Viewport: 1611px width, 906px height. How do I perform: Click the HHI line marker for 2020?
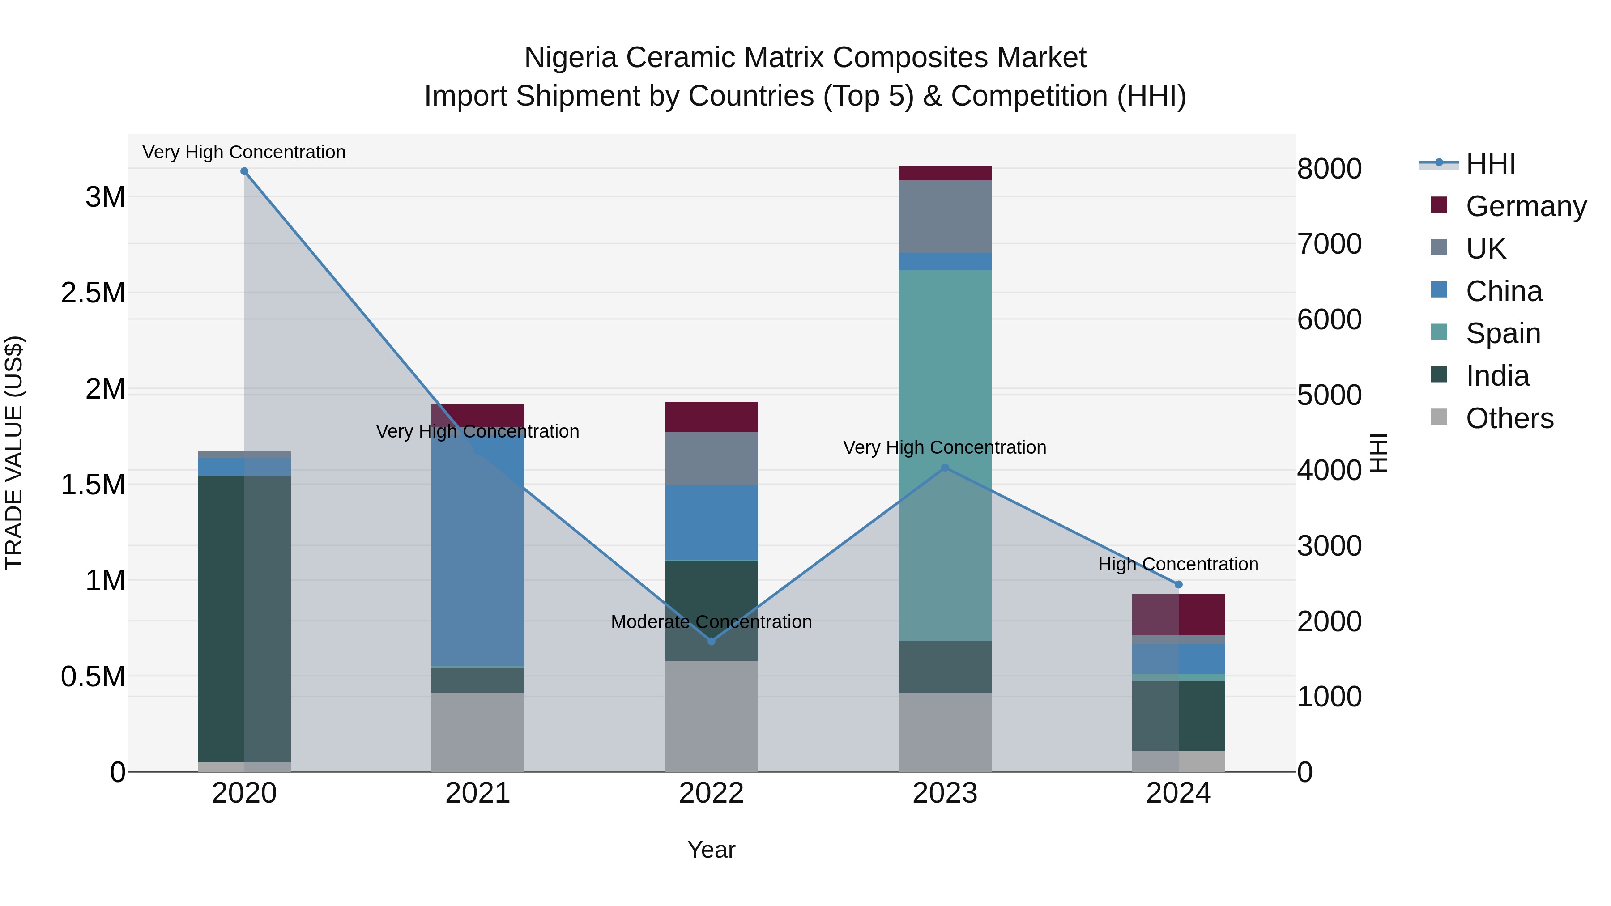tap(244, 171)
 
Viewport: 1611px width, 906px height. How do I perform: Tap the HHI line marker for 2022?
tap(711, 641)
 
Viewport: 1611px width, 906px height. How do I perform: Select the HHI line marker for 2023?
tap(945, 468)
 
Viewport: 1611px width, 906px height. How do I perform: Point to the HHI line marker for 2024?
tap(1178, 585)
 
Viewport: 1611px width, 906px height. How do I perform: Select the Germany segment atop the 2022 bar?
tap(711, 417)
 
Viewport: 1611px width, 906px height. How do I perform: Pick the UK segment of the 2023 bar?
tap(945, 217)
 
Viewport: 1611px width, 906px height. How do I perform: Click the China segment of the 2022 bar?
tap(711, 523)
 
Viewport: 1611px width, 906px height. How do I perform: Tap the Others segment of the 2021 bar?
tap(478, 732)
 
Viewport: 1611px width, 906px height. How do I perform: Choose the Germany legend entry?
tap(1526, 206)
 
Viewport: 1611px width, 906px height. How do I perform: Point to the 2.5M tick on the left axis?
tap(93, 293)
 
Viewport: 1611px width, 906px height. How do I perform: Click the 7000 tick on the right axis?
tap(1329, 244)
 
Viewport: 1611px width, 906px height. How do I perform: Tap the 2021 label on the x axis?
tap(478, 793)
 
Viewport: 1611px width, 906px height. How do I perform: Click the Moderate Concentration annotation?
tap(711, 622)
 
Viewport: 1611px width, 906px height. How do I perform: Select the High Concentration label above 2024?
tap(1178, 564)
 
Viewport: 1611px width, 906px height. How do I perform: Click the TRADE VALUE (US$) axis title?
tap(14, 453)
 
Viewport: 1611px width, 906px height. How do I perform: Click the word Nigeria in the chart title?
tap(571, 58)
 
